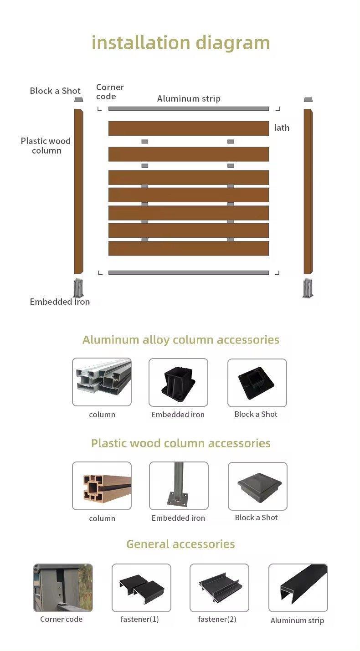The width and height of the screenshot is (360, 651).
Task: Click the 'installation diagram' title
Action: (180, 43)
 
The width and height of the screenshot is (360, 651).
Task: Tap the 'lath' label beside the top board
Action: (282, 128)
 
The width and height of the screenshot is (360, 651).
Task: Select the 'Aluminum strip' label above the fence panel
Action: (189, 99)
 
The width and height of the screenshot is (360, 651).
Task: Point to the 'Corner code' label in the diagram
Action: (110, 92)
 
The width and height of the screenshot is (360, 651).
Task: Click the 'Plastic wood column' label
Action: (46, 146)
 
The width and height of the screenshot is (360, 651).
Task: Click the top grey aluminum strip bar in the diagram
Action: (189, 109)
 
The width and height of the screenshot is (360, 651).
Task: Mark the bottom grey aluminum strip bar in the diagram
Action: (189, 272)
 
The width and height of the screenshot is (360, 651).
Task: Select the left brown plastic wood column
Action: (78, 191)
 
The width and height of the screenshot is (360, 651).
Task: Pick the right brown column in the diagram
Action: (308, 191)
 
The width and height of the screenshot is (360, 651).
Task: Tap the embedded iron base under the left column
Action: (78, 288)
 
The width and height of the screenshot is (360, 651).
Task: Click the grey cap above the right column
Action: (308, 99)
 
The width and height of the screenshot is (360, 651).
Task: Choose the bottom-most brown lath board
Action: (189, 248)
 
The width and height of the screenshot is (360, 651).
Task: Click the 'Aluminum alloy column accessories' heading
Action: (180, 340)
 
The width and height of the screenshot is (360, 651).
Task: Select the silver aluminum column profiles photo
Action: (102, 382)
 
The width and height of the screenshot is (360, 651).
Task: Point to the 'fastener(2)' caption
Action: (217, 619)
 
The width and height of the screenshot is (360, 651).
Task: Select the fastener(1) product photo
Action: (141, 588)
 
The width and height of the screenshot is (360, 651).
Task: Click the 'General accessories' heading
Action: (180, 544)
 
